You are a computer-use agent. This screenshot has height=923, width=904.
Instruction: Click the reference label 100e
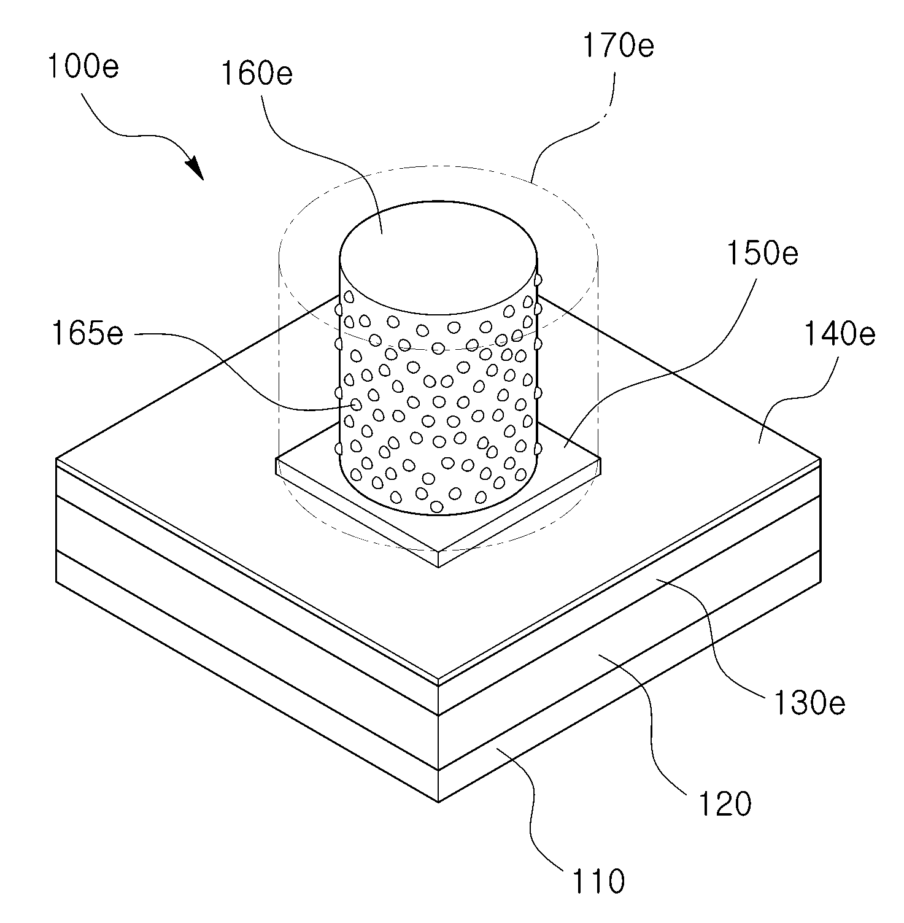coord(83,66)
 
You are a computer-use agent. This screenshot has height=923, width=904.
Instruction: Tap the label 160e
coord(257,74)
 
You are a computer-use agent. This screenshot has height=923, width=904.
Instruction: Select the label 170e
coord(618,46)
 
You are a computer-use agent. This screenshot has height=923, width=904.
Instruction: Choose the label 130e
coord(809,703)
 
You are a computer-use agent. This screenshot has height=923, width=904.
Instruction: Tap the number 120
coord(725,803)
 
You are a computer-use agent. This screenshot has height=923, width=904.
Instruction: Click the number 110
coord(598,881)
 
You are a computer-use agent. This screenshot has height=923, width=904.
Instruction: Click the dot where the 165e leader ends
coord(355,405)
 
